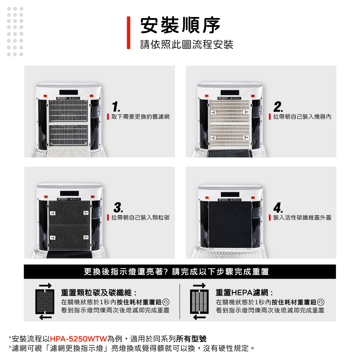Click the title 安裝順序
pos(180,25)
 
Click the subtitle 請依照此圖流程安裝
pos(186,44)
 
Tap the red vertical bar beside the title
pos(129,33)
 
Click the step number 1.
pos(116,107)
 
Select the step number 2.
pos(278,107)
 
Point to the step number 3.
pos(118,208)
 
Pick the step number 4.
pos(278,208)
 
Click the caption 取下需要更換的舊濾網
pos(140,117)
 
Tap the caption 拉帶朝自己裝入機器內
pos(302,117)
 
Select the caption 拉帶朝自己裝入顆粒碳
pos(140,217)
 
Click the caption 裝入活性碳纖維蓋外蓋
pos(302,217)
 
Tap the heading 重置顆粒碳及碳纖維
pos(96,293)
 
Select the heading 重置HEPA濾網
pos(242,293)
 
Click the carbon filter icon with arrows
pos(45,301)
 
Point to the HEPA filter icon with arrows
pos(199,301)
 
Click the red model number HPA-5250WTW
pos(78,339)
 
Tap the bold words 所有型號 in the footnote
pos(191,339)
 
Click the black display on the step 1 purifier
pos(68,92)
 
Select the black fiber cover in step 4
pos(230,225)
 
